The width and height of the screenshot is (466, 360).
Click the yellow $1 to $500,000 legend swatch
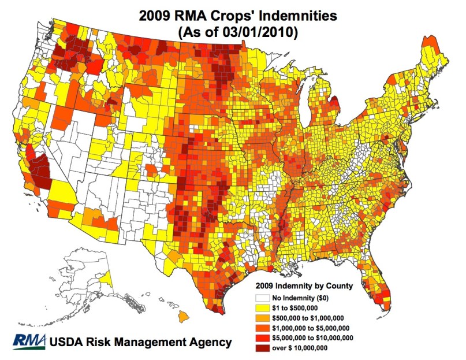coord(260,309)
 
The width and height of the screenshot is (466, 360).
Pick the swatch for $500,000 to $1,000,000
coord(260,318)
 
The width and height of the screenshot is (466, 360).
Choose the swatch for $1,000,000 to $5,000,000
coord(260,328)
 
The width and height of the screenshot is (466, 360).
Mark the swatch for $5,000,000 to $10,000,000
coord(260,337)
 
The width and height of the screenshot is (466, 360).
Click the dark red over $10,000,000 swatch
coord(260,347)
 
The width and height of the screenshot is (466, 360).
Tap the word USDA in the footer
coord(66,342)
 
